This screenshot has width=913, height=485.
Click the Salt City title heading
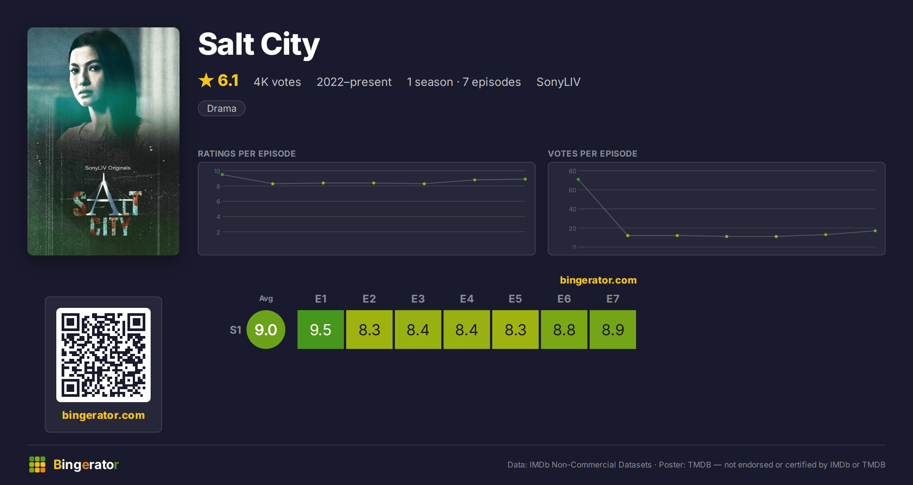click(x=259, y=44)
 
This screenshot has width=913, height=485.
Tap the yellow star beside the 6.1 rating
click(x=206, y=80)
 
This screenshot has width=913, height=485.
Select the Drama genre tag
click(x=221, y=108)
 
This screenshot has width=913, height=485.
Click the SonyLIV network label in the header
click(x=558, y=82)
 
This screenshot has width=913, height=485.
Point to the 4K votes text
click(x=277, y=82)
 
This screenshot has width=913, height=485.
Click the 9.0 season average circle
click(x=266, y=330)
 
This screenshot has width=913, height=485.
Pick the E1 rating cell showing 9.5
click(x=321, y=330)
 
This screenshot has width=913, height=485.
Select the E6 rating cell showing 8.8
click(x=564, y=330)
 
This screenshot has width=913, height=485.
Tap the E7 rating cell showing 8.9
click(x=613, y=330)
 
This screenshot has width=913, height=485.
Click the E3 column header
click(x=418, y=299)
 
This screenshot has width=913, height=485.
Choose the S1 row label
click(x=235, y=330)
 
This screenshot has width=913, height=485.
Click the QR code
click(x=103, y=355)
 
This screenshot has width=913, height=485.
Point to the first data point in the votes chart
click(x=578, y=179)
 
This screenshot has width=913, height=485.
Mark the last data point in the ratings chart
click(x=525, y=179)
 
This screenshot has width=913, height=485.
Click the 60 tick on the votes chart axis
click(x=572, y=190)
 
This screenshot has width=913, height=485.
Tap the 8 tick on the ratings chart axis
click(x=218, y=186)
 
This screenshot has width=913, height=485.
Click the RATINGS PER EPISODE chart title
click(x=247, y=154)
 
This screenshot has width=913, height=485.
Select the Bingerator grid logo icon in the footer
click(x=37, y=464)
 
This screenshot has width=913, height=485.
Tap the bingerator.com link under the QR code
click(x=103, y=415)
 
